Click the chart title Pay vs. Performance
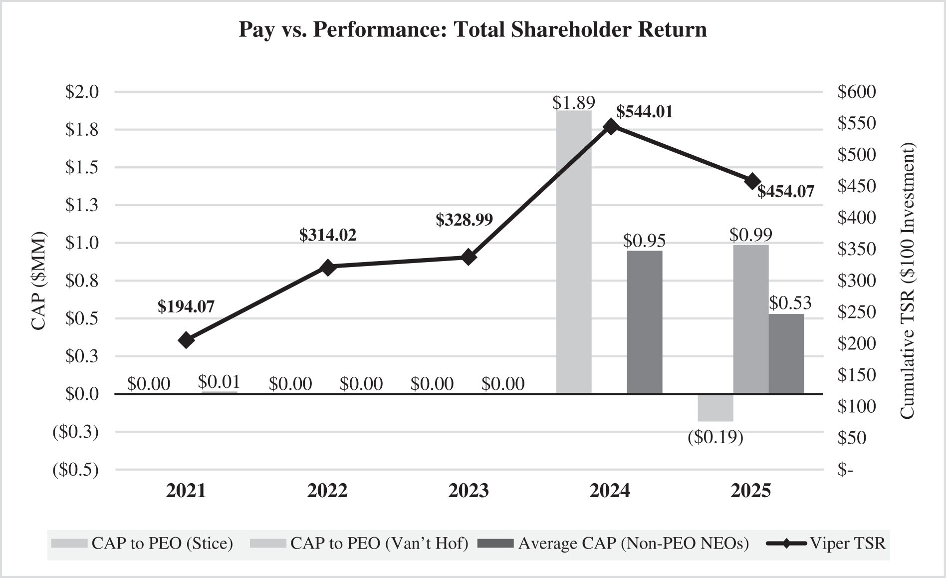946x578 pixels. click(x=473, y=29)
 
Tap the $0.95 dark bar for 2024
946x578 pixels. click(x=645, y=322)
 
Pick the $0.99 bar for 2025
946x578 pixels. click(x=751, y=319)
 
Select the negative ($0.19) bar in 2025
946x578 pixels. click(x=715, y=408)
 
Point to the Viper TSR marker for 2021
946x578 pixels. click(x=186, y=340)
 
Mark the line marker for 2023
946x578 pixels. click(x=469, y=258)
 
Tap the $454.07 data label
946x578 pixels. click(x=785, y=192)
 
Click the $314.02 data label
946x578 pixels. click(x=328, y=235)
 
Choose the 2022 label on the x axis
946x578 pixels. click(x=327, y=491)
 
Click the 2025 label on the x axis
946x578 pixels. click(x=751, y=491)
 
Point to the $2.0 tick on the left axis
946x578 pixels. click(x=82, y=92)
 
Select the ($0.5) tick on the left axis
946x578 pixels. click(x=76, y=470)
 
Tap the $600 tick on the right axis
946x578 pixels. click(x=857, y=92)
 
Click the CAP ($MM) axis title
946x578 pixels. click(x=38, y=281)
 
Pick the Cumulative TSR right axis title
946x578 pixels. click(x=908, y=281)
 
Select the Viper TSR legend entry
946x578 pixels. click(x=826, y=543)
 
